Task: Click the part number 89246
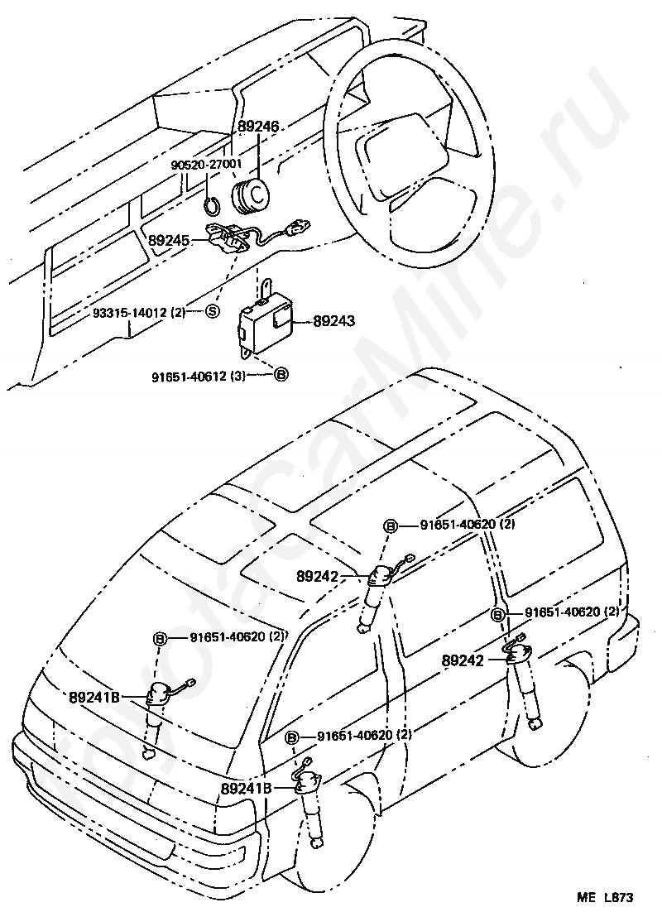(x=259, y=127)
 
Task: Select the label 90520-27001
(x=206, y=165)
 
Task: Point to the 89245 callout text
(x=170, y=241)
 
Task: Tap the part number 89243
(x=334, y=320)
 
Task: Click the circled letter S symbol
(x=212, y=311)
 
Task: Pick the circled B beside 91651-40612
(x=281, y=375)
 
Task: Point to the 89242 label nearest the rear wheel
(x=463, y=660)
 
